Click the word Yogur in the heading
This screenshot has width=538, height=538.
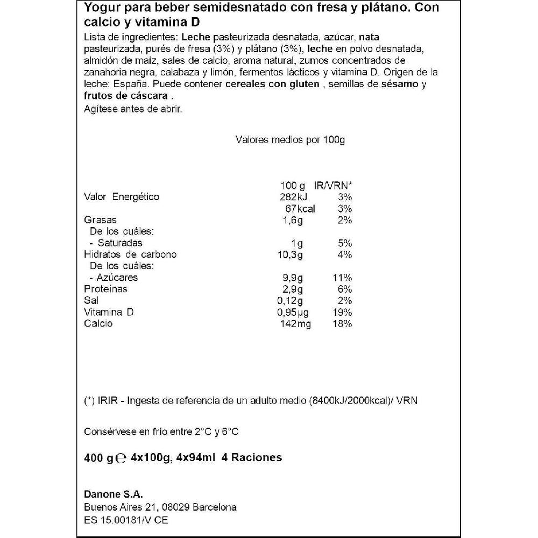(x=100, y=10)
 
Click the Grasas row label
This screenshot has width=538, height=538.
(x=101, y=220)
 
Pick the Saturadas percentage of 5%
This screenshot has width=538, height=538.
(x=345, y=243)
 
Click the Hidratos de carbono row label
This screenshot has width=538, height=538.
(x=130, y=254)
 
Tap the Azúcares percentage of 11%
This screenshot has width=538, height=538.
(x=343, y=278)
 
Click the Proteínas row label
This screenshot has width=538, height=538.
(x=105, y=289)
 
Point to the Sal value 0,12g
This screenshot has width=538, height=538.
(x=293, y=301)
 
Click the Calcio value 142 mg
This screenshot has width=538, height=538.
(x=295, y=324)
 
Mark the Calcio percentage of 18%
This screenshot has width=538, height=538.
(x=343, y=324)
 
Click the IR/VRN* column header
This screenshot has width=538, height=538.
(x=333, y=186)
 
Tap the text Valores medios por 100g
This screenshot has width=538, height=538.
(x=290, y=140)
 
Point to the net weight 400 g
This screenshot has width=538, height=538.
(x=98, y=458)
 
